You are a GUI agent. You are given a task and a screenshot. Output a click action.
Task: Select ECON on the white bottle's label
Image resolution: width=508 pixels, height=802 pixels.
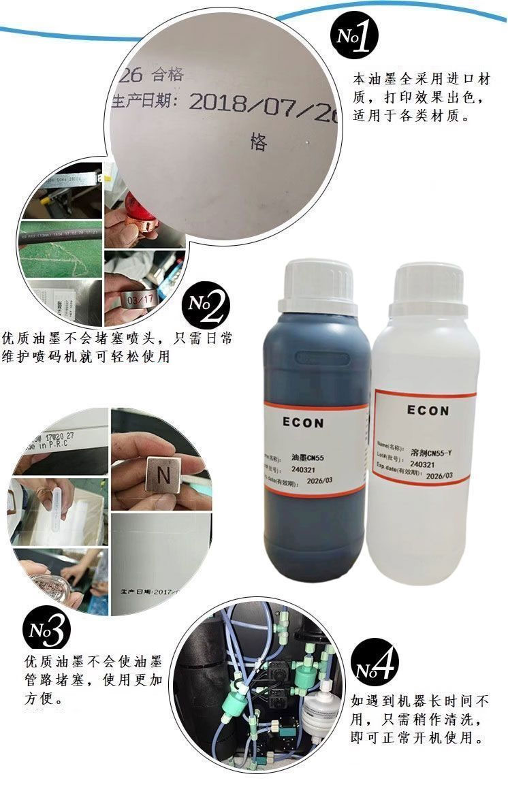(x=428, y=411)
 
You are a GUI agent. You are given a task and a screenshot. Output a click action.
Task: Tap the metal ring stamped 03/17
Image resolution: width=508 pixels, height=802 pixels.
(x=135, y=300)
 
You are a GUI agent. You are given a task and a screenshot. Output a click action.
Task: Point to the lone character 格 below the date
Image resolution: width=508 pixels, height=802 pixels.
(x=259, y=142)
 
